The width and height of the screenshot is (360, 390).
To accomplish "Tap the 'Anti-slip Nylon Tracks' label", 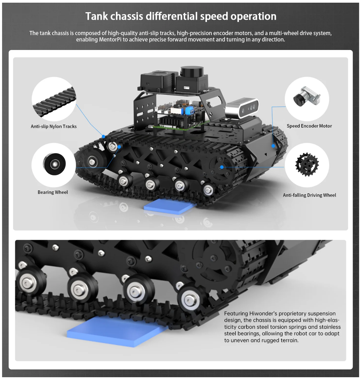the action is point(54,126).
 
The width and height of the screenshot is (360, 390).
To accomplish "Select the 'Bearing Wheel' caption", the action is point(53,192).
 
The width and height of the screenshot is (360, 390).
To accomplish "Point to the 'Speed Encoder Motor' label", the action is point(309,126).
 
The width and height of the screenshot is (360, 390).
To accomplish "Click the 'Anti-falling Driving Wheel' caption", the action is point(309,195).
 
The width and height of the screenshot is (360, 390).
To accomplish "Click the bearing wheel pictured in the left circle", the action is point(54,164).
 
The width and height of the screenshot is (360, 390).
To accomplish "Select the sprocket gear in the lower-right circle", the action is point(307,165).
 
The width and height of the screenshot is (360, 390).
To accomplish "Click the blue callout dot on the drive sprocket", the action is point(221,167).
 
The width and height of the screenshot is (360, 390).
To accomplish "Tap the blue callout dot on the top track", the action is point(103,136).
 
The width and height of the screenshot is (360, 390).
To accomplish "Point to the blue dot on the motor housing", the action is point(273,146).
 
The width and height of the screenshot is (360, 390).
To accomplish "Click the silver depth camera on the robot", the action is point(242,108).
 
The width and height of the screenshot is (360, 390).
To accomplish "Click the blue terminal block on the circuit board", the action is point(189,110).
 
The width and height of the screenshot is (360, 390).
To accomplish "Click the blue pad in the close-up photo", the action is point(117,331).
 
